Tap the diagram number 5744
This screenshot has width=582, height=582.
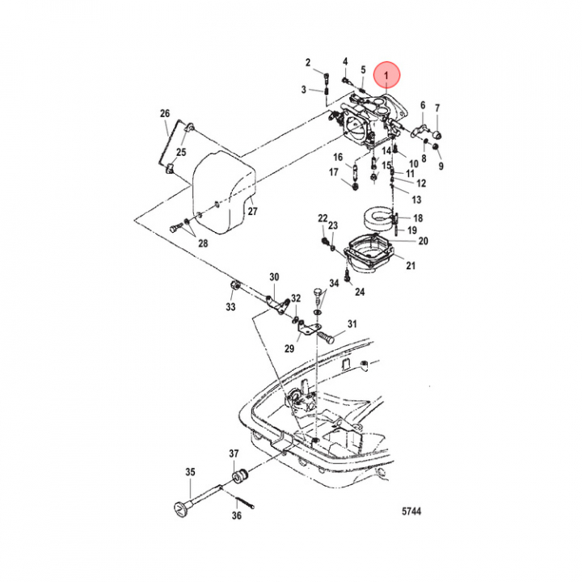(x=413, y=512)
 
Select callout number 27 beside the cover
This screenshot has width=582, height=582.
(x=252, y=212)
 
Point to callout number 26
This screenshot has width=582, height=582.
(x=165, y=113)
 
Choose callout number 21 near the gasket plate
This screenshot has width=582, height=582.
(x=410, y=265)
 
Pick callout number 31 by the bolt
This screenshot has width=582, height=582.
(x=352, y=324)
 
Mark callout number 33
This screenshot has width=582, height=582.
(x=230, y=307)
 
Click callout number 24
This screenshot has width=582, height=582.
(x=360, y=292)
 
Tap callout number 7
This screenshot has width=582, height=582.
(x=437, y=108)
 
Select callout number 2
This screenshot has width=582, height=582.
(x=308, y=62)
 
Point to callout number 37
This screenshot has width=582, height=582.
(x=234, y=453)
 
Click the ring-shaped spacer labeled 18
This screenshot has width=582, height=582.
(x=377, y=221)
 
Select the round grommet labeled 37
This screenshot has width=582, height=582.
(x=238, y=475)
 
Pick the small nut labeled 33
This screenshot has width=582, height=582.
(x=233, y=289)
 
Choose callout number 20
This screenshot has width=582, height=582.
(x=423, y=241)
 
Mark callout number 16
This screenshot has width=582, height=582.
(x=337, y=157)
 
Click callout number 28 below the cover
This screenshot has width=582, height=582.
(x=202, y=243)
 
